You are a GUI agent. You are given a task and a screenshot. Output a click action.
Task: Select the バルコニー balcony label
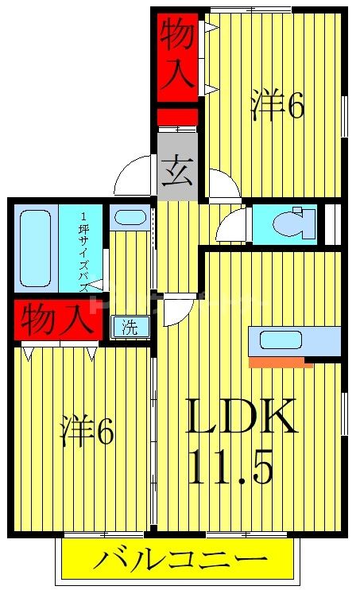click(x=178, y=561)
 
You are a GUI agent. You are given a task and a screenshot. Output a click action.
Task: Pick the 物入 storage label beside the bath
click(x=52, y=320)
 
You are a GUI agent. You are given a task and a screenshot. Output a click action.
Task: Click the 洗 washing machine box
click(x=128, y=326)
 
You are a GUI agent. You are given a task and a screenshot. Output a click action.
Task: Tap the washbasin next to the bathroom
click(x=127, y=217)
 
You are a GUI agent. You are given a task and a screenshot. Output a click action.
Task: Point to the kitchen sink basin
click(x=281, y=340)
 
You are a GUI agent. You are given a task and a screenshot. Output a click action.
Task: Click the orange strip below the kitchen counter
click(x=280, y=363)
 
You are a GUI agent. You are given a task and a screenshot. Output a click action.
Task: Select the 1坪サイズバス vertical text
click(x=83, y=248)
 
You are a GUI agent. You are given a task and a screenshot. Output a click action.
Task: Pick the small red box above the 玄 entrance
click(x=177, y=117)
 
